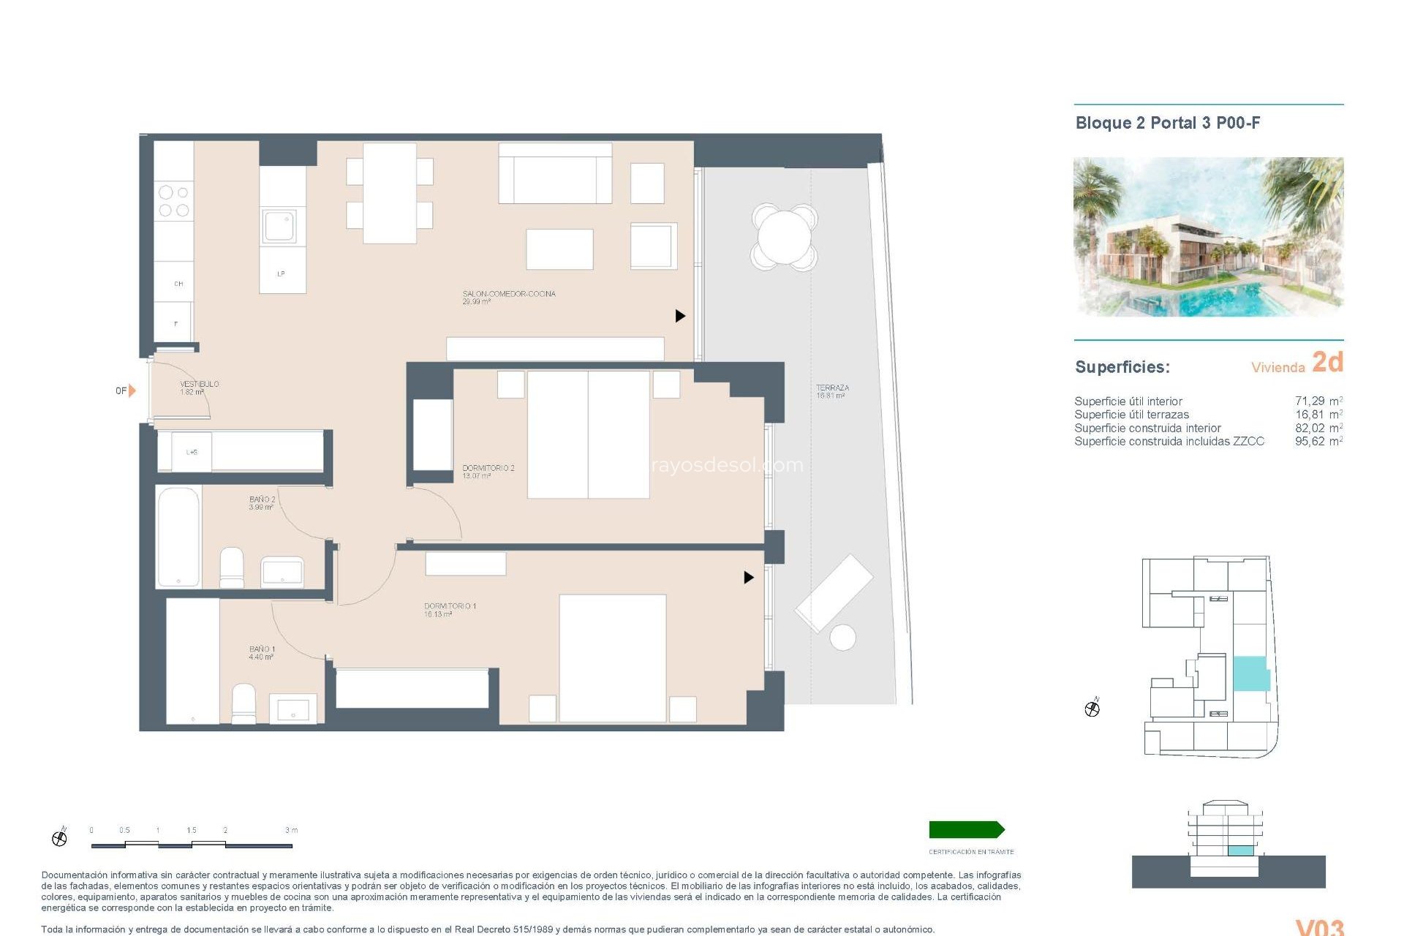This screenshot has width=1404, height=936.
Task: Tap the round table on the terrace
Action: point(784,236)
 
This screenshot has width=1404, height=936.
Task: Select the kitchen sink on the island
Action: point(280,226)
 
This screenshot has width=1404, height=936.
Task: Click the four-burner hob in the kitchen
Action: point(174,201)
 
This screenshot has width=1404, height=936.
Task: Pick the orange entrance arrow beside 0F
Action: point(132,390)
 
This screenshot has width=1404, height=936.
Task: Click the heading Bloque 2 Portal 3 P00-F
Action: point(1167,123)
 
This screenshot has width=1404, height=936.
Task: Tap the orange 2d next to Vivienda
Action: point(1327,363)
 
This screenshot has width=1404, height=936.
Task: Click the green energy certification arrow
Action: point(966,829)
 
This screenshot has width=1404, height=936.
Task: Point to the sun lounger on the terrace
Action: point(834,592)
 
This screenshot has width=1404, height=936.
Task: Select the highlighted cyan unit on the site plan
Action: point(1250,673)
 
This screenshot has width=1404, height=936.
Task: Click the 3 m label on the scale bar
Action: point(291,830)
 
